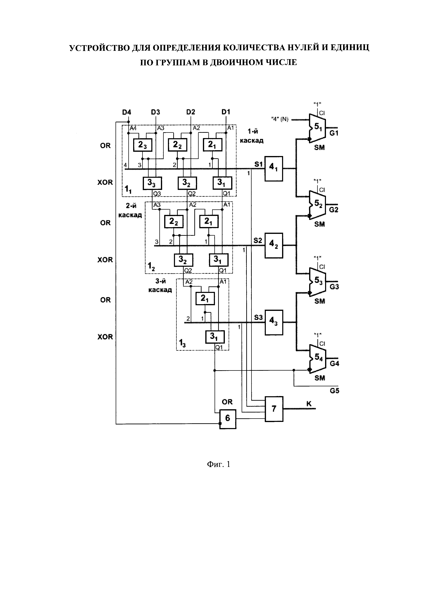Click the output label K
click(309, 404)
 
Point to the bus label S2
click(258, 240)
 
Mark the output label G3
click(334, 287)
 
